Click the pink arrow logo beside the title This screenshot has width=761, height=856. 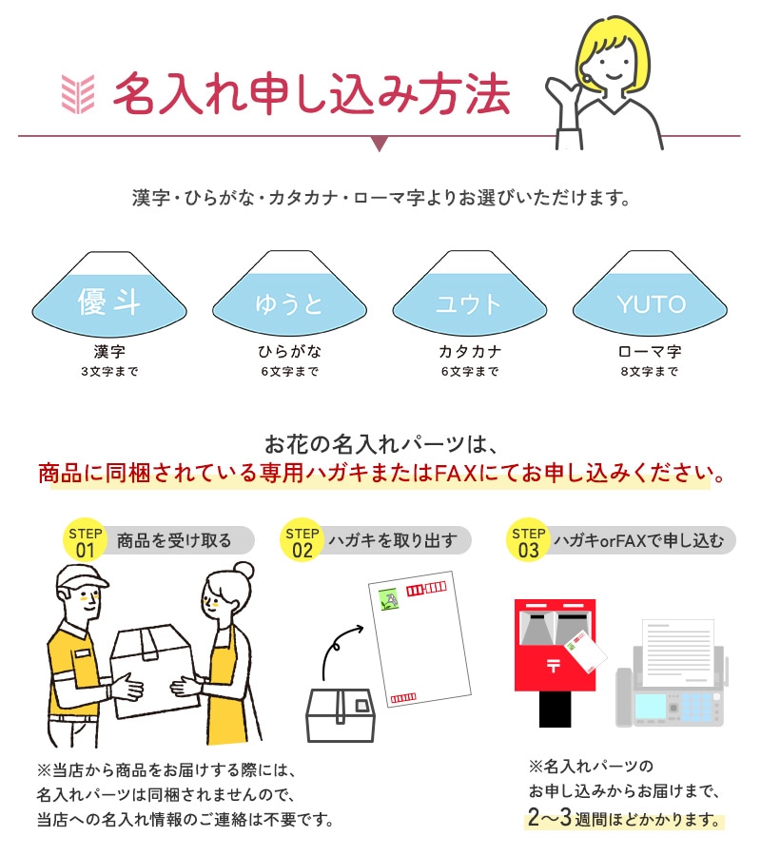pos(77,94)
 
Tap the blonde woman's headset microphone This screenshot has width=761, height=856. pos(587,77)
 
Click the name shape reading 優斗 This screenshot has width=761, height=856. pos(109,294)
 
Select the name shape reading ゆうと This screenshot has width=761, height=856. pos(289,294)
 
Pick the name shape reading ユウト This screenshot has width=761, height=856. pos(470,294)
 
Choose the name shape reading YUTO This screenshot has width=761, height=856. pos(650,294)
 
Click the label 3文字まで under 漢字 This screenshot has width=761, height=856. pos(109,372)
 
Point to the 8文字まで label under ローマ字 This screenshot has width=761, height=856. pos(649,372)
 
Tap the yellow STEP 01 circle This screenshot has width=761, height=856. pos(86,540)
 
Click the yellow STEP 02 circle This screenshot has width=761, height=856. pos(302,540)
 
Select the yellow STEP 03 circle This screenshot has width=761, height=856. pos(528,540)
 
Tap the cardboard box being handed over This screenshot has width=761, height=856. pos(153,671)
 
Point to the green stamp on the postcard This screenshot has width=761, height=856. pos(389,599)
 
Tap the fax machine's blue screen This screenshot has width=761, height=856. pos(651,707)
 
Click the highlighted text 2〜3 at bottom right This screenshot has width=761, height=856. pos(549,817)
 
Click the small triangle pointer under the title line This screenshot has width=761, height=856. pos(380,143)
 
